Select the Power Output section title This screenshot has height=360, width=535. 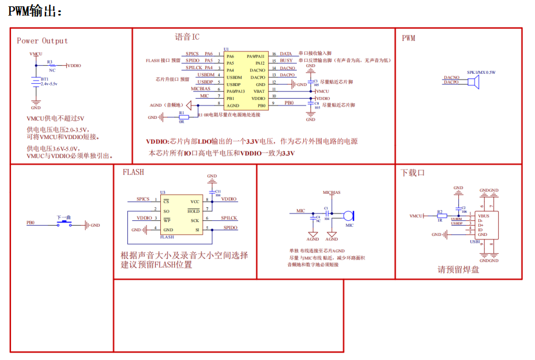click(x=42, y=41)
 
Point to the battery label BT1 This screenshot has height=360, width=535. click(x=44, y=79)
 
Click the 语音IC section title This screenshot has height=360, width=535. click(x=187, y=37)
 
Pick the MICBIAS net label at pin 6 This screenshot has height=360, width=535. click(x=201, y=89)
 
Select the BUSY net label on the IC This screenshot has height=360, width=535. click(x=287, y=61)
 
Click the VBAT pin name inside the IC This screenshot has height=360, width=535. click(x=259, y=91)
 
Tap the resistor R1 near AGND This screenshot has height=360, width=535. click(x=182, y=117)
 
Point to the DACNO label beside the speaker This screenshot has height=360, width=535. click(x=451, y=77)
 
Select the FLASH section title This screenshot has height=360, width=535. click(x=133, y=172)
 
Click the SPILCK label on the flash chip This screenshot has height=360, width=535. click(x=229, y=218)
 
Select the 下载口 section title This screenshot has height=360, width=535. click(x=413, y=172)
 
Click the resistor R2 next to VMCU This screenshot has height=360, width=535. click(x=439, y=216)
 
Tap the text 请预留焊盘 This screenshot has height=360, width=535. click(x=458, y=269)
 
